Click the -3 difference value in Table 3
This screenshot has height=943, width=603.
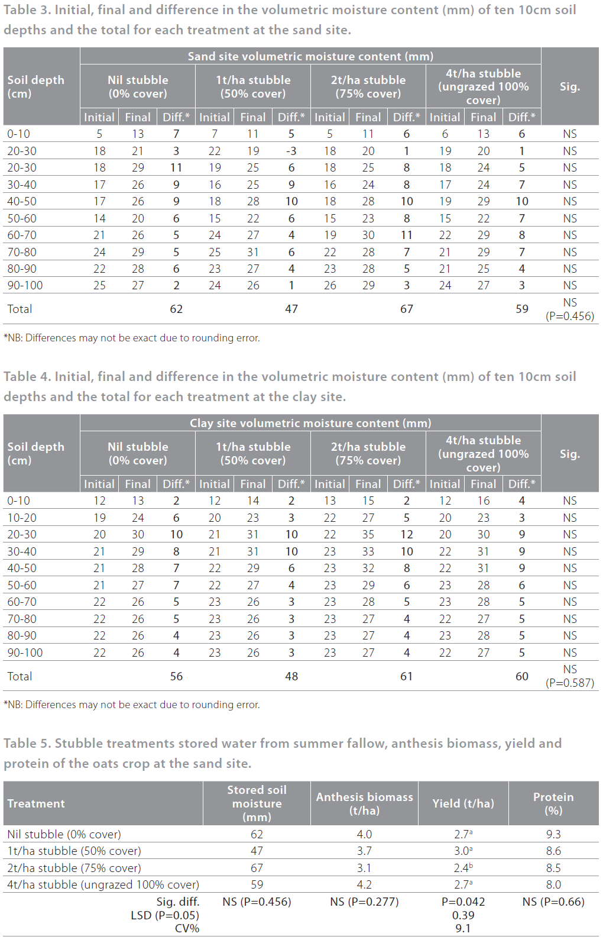click(x=291, y=151)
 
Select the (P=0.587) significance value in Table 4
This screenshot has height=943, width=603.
click(x=569, y=683)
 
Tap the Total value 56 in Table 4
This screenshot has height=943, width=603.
click(x=176, y=676)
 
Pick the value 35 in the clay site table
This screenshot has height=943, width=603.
click(x=368, y=534)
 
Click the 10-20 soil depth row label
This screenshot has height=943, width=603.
click(x=22, y=518)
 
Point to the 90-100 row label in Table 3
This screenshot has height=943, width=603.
click(x=25, y=285)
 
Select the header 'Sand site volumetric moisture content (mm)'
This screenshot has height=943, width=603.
click(x=310, y=56)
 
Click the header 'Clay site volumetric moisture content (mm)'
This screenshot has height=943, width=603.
click(x=310, y=423)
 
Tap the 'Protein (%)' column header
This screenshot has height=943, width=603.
click(x=553, y=803)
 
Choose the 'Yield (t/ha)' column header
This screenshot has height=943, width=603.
click(x=463, y=803)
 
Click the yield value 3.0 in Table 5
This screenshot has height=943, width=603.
click(x=462, y=851)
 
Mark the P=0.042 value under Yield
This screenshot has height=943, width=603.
click(x=463, y=902)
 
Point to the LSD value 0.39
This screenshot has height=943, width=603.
click(x=463, y=915)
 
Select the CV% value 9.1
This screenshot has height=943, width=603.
click(x=463, y=928)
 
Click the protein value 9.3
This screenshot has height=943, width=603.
click(x=553, y=834)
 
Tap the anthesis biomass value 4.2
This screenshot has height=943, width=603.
click(x=364, y=884)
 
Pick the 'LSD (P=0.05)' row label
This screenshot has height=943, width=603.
click(x=165, y=915)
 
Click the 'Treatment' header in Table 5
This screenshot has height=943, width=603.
click(x=36, y=803)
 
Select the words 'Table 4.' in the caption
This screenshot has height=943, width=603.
click(x=27, y=377)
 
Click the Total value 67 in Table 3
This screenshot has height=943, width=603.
click(x=406, y=309)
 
